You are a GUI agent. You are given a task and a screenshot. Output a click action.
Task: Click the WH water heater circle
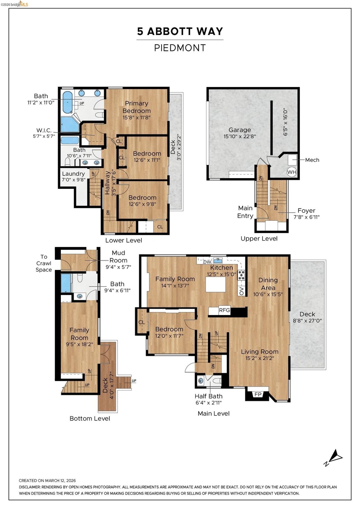(x=292, y=172)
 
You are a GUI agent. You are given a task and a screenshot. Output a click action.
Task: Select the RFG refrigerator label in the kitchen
(x=224, y=310)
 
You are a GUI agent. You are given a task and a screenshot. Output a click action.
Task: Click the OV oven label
(x=241, y=291)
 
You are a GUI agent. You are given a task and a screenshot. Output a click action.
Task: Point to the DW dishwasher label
(x=207, y=262)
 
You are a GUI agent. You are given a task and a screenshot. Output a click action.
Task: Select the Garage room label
(x=239, y=130)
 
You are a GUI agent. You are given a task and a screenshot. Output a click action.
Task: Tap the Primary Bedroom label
(x=136, y=107)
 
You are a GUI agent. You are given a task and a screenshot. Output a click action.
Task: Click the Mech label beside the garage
(x=312, y=160)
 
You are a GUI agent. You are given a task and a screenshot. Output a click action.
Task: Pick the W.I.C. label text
(x=44, y=130)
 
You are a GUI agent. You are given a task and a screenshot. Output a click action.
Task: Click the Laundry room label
(x=73, y=174)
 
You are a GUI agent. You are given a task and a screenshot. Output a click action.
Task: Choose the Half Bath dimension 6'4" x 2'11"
(x=208, y=409)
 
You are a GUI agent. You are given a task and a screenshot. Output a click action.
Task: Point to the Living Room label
(x=259, y=352)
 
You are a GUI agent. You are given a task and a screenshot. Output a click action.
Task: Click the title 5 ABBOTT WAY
(x=180, y=31)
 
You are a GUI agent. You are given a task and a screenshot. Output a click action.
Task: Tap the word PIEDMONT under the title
(x=180, y=48)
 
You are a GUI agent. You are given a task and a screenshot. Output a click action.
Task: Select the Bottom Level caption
(x=90, y=418)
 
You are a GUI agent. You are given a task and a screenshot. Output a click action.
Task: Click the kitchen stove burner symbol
(x=241, y=275)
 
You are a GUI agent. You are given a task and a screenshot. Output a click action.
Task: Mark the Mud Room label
(x=119, y=256)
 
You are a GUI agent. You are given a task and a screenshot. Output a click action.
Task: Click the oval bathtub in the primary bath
(x=67, y=102)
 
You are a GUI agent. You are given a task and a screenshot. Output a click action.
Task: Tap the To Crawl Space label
(x=44, y=263)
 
